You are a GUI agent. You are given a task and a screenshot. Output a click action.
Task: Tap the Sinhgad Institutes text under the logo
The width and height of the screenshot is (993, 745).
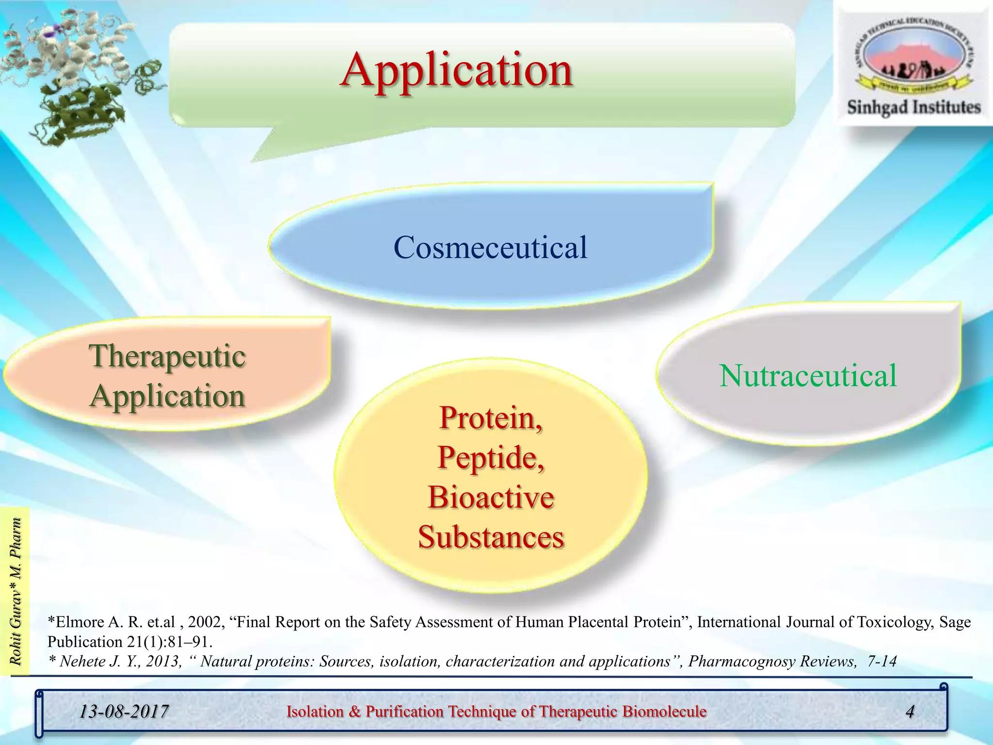[x=913, y=107]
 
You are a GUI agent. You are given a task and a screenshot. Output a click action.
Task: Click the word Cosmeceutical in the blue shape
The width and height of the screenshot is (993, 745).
[x=490, y=247]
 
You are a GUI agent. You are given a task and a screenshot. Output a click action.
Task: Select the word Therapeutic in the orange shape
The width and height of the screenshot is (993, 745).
[x=167, y=356]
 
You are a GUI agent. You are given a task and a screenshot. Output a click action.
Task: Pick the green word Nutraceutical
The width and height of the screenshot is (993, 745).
[x=808, y=376]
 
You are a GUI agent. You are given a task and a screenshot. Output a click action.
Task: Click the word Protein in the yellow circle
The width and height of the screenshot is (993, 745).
[x=490, y=418]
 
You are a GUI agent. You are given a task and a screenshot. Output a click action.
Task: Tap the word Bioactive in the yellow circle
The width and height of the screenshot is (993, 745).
[x=491, y=498]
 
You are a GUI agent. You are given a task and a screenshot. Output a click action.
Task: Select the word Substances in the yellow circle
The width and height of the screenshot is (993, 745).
[x=491, y=537]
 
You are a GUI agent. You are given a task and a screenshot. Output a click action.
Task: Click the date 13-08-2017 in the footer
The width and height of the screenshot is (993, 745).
[x=124, y=712]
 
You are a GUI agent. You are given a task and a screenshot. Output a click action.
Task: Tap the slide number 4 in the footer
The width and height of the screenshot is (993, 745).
[x=910, y=712]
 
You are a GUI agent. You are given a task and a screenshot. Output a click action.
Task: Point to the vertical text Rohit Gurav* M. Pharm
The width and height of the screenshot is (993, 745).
[x=16, y=591]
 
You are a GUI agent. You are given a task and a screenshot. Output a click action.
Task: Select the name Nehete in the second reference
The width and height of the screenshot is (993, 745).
[x=83, y=662]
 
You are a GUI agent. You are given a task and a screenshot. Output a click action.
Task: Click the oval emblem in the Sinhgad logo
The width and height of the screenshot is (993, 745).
[x=913, y=58]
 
